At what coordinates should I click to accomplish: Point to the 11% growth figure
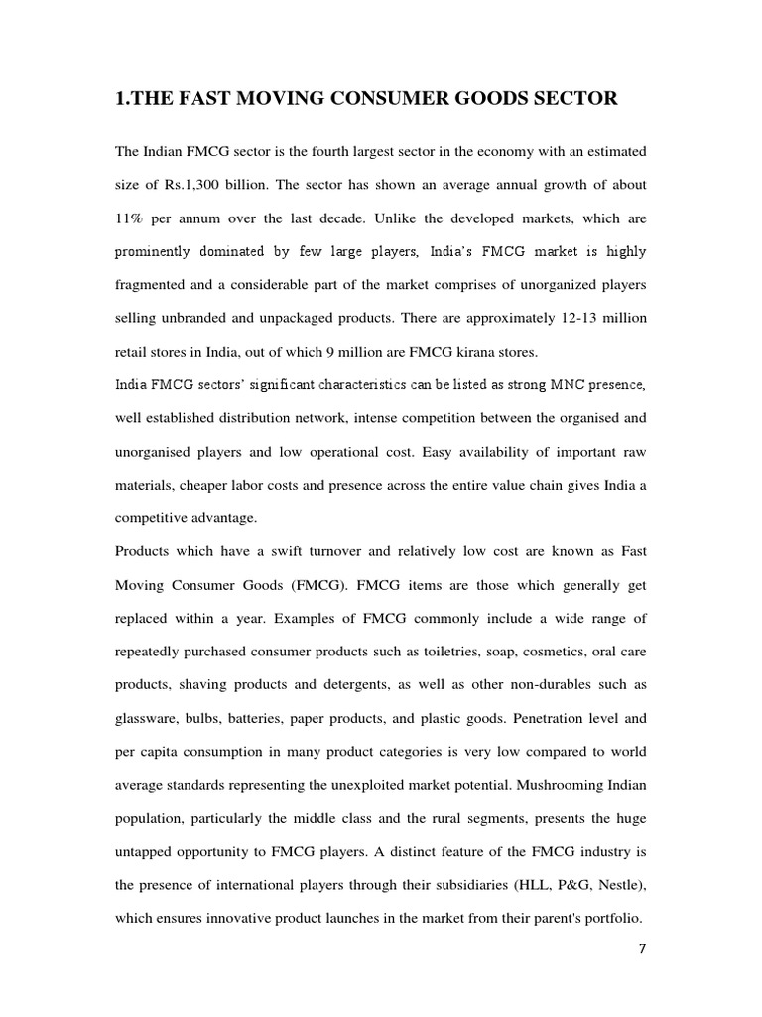pyautogui.click(x=132, y=218)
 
